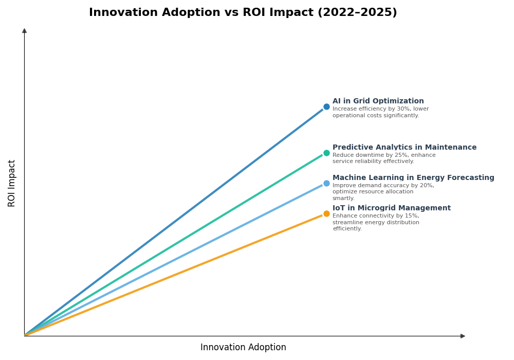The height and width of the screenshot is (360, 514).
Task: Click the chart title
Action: pos(243,13)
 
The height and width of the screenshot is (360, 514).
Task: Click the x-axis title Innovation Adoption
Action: pos(243,348)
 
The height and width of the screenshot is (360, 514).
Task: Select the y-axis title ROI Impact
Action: pos(12,183)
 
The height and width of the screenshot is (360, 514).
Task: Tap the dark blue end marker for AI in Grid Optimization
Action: pos(326,107)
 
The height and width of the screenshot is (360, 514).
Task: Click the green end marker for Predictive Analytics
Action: pos(326,153)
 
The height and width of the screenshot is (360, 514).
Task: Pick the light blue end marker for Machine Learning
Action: pos(326,183)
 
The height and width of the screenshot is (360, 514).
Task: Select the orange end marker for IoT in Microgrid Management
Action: pos(326,213)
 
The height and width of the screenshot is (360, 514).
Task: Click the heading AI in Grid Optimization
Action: pos(378,101)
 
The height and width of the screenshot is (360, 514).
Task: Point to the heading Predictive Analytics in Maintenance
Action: pos(404,148)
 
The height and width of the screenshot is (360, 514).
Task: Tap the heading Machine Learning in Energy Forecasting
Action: pos(413,178)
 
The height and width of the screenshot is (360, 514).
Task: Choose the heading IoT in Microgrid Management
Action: pos(391,208)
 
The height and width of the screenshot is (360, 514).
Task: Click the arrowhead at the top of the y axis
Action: pos(24,31)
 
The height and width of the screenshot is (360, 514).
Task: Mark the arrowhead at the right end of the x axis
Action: pos(463,336)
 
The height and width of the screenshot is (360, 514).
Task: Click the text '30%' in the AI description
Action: pos(397,109)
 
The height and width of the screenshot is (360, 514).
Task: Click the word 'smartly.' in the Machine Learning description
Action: pos(343,199)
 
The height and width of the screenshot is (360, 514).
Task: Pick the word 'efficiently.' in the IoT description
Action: pos(347,229)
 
